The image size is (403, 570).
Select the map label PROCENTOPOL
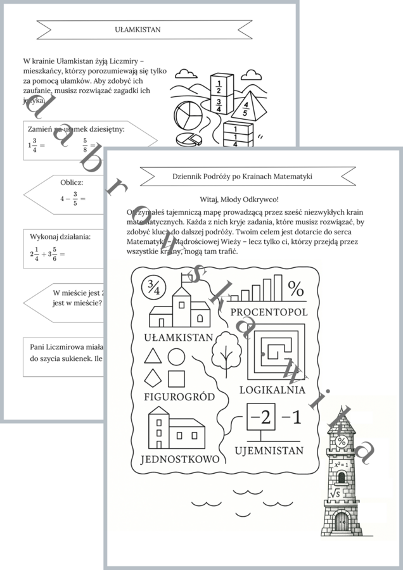tap(269, 312)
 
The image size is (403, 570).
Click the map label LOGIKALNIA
tap(272, 389)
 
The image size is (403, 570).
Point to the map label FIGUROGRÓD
tap(179, 397)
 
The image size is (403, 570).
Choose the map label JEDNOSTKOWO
tap(180, 459)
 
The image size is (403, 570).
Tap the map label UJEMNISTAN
tap(269, 451)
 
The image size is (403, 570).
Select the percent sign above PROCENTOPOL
tap(295, 288)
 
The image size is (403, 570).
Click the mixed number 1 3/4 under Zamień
tap(33, 145)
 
